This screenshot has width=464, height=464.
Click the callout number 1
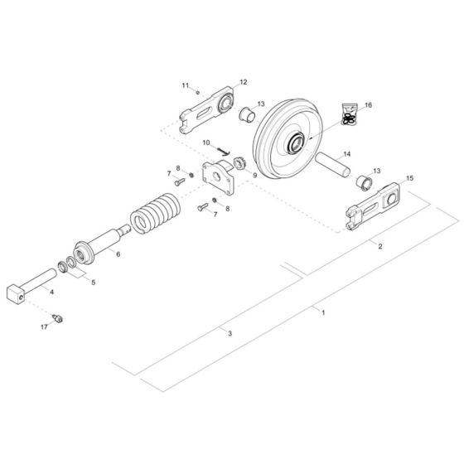point(324,312)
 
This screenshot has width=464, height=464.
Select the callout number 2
point(380,246)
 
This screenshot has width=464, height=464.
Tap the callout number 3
point(230,332)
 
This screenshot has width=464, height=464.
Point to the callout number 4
point(51,292)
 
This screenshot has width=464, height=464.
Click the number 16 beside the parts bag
point(368,105)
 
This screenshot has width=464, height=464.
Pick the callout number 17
point(46,327)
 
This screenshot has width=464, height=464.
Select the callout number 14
point(346,154)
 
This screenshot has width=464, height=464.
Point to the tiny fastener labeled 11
point(196,93)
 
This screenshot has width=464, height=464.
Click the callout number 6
point(118,254)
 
